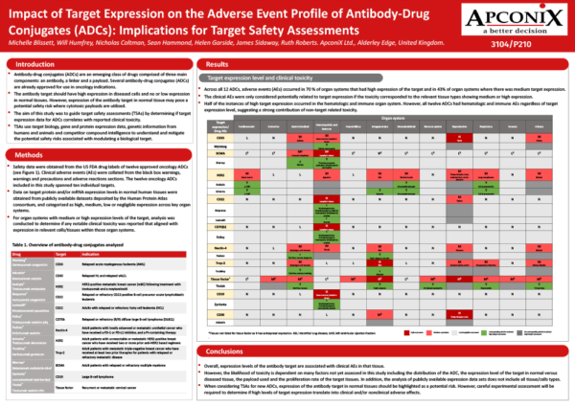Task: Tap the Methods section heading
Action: pyautogui.click(x=34, y=154)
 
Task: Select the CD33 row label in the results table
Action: pyautogui.click(x=220, y=138)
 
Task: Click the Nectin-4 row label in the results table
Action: pyautogui.click(x=220, y=247)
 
